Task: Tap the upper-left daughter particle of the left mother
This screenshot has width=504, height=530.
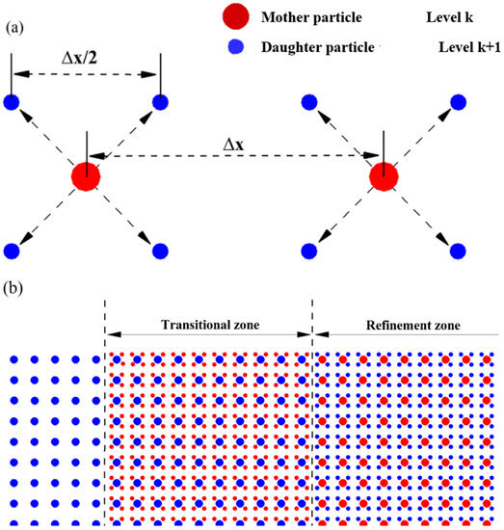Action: pyautogui.click(x=12, y=102)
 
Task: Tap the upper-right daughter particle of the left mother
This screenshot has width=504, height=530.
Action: pyautogui.click(x=161, y=102)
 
